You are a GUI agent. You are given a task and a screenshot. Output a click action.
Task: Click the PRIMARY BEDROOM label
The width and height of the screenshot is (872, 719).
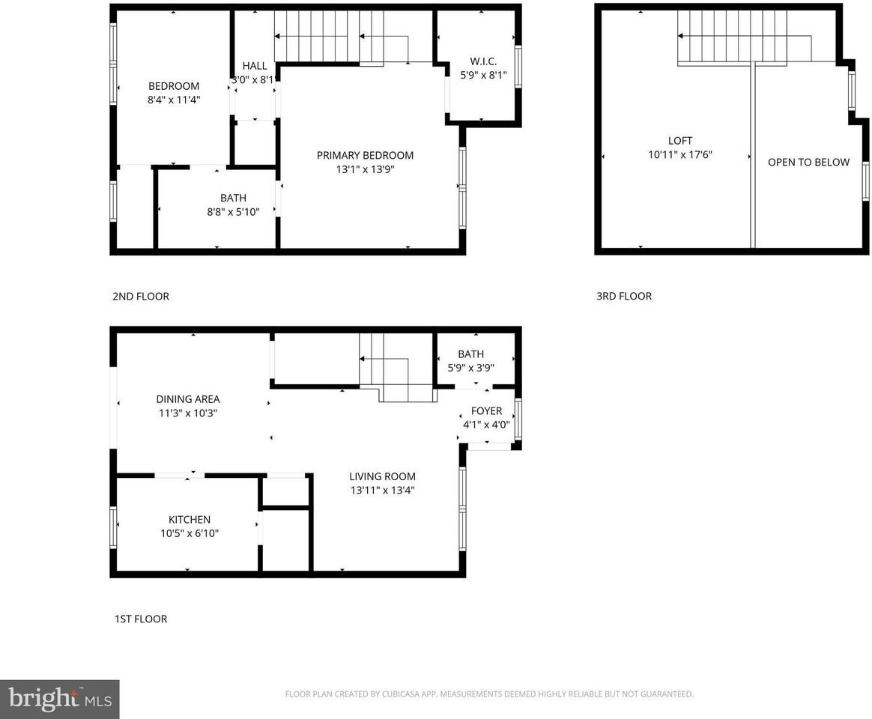(x=365, y=155)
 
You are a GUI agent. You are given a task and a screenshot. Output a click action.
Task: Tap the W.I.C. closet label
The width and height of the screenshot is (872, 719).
(x=483, y=61)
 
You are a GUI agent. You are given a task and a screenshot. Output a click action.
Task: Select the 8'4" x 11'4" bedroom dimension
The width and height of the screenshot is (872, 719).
(x=174, y=99)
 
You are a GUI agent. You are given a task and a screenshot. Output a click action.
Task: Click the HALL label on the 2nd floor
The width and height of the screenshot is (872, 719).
(x=254, y=66)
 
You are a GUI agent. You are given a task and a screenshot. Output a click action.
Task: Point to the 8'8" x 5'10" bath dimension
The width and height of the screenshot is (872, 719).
(x=233, y=212)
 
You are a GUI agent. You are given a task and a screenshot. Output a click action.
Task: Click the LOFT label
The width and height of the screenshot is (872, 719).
(x=680, y=141)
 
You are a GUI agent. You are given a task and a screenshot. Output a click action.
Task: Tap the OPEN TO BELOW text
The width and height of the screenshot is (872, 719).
(x=808, y=162)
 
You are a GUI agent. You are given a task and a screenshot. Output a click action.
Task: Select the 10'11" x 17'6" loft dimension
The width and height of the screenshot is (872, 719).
(x=680, y=155)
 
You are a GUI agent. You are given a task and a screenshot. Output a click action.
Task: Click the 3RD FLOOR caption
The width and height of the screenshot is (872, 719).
(x=624, y=296)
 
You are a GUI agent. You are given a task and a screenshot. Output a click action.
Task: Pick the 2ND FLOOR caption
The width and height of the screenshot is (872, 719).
(x=141, y=296)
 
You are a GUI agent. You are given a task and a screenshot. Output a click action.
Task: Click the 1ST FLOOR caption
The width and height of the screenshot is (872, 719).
(x=140, y=619)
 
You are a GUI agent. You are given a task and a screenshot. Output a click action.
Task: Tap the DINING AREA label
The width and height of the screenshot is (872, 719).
(x=188, y=399)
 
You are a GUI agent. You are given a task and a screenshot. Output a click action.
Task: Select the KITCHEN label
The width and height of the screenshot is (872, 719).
(x=189, y=519)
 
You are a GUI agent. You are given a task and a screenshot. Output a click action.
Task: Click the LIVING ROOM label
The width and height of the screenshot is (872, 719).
(x=382, y=476)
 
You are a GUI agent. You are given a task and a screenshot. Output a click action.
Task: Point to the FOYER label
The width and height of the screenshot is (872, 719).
(x=486, y=411)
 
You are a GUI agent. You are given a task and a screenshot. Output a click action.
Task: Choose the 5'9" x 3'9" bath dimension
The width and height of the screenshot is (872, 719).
(x=470, y=368)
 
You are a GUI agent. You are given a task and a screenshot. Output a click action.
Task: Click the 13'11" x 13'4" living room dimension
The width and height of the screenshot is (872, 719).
(x=382, y=491)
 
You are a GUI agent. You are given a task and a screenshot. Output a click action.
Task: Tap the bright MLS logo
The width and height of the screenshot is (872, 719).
(x=59, y=700)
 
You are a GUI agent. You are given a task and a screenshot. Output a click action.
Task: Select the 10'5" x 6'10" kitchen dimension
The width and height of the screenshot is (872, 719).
(x=189, y=533)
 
